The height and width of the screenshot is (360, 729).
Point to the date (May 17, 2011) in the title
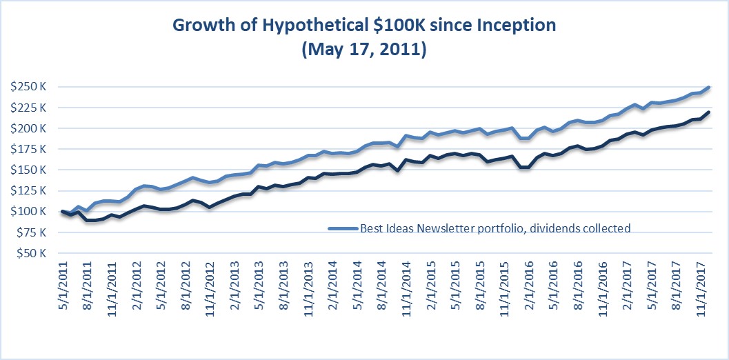click(364, 51)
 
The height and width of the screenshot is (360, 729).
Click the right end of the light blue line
click(709, 88)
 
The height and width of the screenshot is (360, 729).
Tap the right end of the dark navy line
click(709, 112)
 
